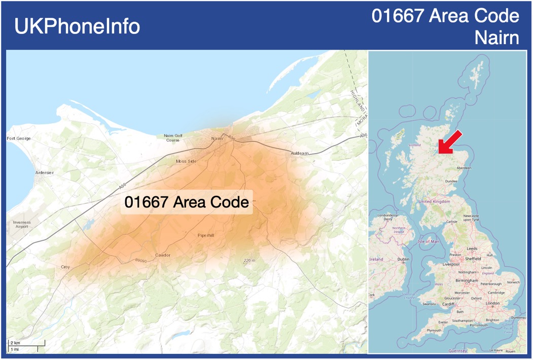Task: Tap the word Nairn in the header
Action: (497, 38)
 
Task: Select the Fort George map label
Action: (19, 138)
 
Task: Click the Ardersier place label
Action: (45, 173)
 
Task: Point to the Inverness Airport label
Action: (22, 225)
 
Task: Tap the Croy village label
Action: (65, 267)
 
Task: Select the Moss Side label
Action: (186, 161)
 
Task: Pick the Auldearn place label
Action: (300, 153)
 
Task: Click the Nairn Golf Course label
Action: (173, 138)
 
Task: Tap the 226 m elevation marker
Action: (249, 261)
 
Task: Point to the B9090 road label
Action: (141, 261)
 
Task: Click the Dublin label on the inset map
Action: (404, 259)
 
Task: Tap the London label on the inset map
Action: (492, 303)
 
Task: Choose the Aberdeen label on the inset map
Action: (464, 167)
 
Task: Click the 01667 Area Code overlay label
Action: (187, 202)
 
